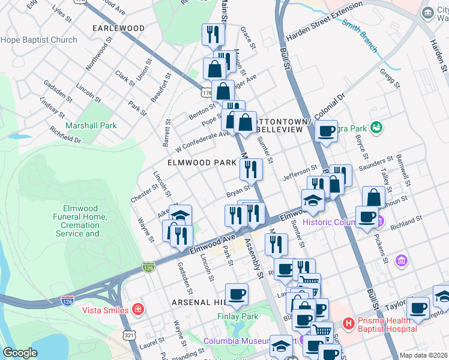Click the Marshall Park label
pyautogui.click(x=91, y=126)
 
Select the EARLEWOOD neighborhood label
pyautogui.click(x=118, y=28)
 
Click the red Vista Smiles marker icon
pyautogui.click(x=138, y=310)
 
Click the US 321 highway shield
pyautogui.click(x=128, y=333)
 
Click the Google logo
pyautogui.click(x=20, y=353)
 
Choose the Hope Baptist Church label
pyautogui.click(x=39, y=40)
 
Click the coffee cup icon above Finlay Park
pyautogui.click(x=237, y=293)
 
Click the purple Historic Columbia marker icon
pyautogui.click(x=379, y=222)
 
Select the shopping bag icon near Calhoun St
pyautogui.click(x=373, y=197)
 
